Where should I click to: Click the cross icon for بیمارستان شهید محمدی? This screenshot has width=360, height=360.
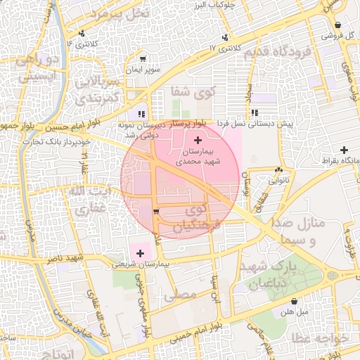coord(196,141)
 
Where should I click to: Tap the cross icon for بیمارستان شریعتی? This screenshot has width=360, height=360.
coord(138,252)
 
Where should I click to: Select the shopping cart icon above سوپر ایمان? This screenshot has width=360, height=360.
coord(143,59)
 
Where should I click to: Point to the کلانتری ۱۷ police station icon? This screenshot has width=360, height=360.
coord(224,37)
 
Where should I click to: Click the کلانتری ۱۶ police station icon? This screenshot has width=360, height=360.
coord(82,33)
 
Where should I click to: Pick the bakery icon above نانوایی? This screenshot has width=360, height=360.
coord(280,169)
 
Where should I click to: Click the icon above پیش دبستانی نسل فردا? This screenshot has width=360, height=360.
coord(254,112)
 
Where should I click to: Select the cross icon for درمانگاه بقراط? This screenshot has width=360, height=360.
coord(344,149)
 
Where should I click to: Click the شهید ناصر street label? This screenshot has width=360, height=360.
coord(67,258)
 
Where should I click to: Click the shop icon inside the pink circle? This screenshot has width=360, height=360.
coord(155,211)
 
